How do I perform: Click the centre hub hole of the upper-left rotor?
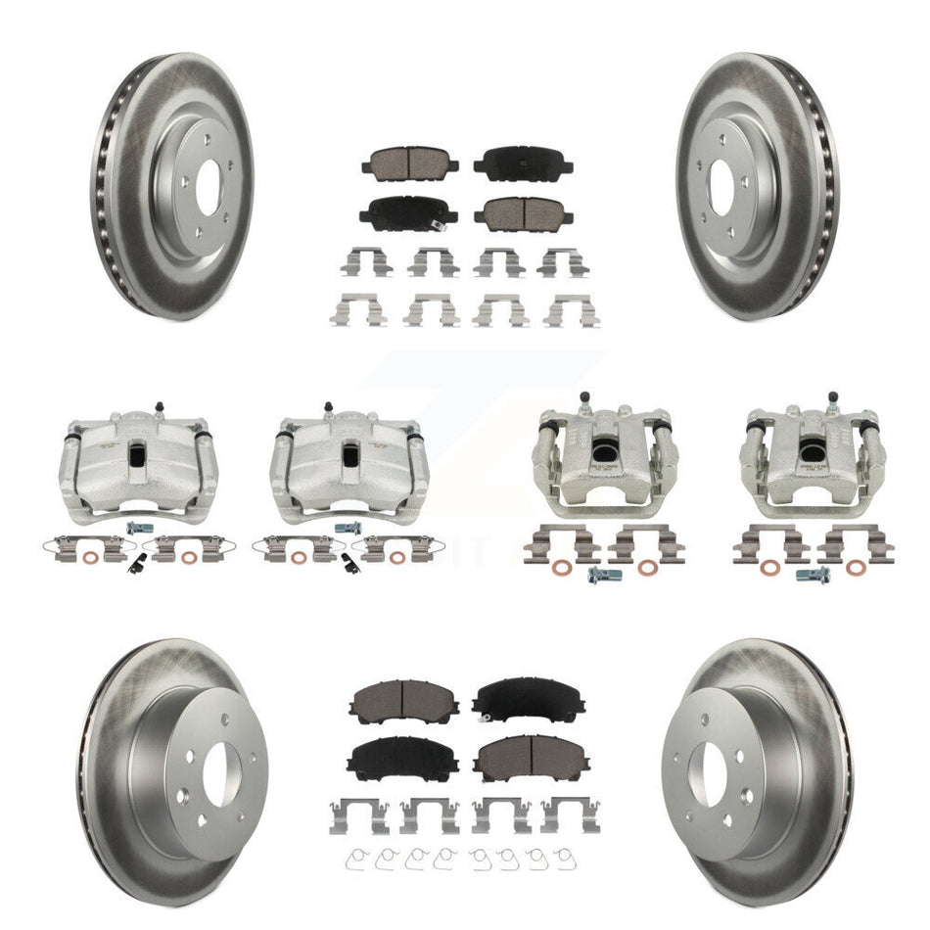tap(209, 188)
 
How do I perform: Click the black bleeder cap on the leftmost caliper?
tap(156, 404)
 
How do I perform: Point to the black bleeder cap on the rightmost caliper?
tap(833, 397)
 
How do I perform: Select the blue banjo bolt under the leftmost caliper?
tap(134, 528)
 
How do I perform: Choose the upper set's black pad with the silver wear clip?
tap(523, 163)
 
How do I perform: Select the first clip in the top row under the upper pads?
tap(360, 260)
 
